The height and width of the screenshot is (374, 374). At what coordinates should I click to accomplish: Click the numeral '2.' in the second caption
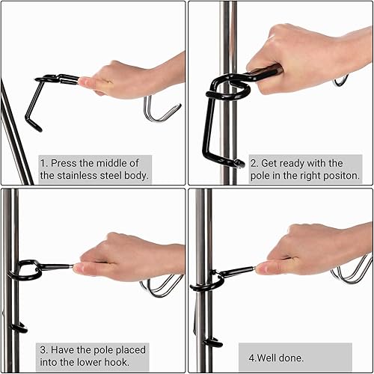point(254,162)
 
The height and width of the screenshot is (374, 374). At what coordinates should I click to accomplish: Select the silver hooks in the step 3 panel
point(161,285)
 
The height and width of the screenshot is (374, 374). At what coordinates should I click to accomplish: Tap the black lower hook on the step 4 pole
point(212,342)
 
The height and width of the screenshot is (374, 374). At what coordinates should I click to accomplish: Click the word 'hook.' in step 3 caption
point(131,363)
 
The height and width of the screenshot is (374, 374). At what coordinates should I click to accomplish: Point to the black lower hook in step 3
point(18,328)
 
